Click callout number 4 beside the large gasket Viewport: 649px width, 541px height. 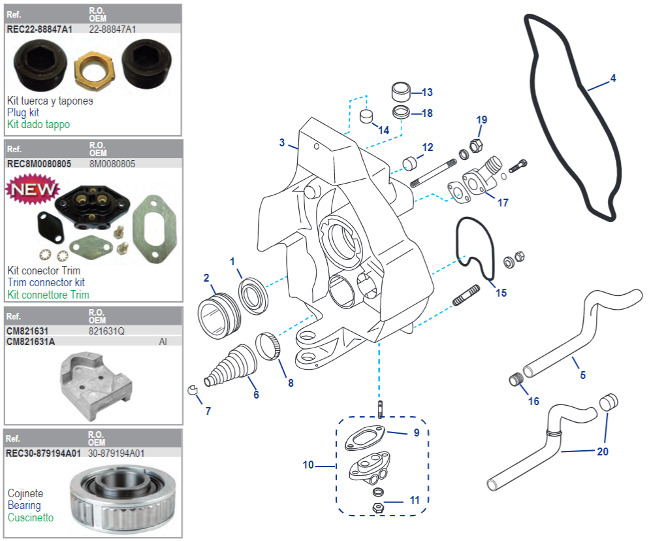pyautogui.click(x=612, y=78)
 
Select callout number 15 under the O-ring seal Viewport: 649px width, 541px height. pyautogui.click(x=501, y=293)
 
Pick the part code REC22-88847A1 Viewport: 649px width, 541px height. pyautogui.click(x=40, y=29)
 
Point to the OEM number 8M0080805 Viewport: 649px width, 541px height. pyautogui.click(x=112, y=164)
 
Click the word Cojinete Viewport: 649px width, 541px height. pyautogui.click(x=25, y=494)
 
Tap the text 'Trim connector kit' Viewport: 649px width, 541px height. pyautogui.click(x=46, y=283)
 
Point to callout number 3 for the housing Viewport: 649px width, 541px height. pyautogui.click(x=281, y=142)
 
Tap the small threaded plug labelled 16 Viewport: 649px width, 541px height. pyautogui.click(x=517, y=379)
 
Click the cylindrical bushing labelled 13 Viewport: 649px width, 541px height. pyautogui.click(x=402, y=90)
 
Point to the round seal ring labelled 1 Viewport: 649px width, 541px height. pyautogui.click(x=251, y=289)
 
